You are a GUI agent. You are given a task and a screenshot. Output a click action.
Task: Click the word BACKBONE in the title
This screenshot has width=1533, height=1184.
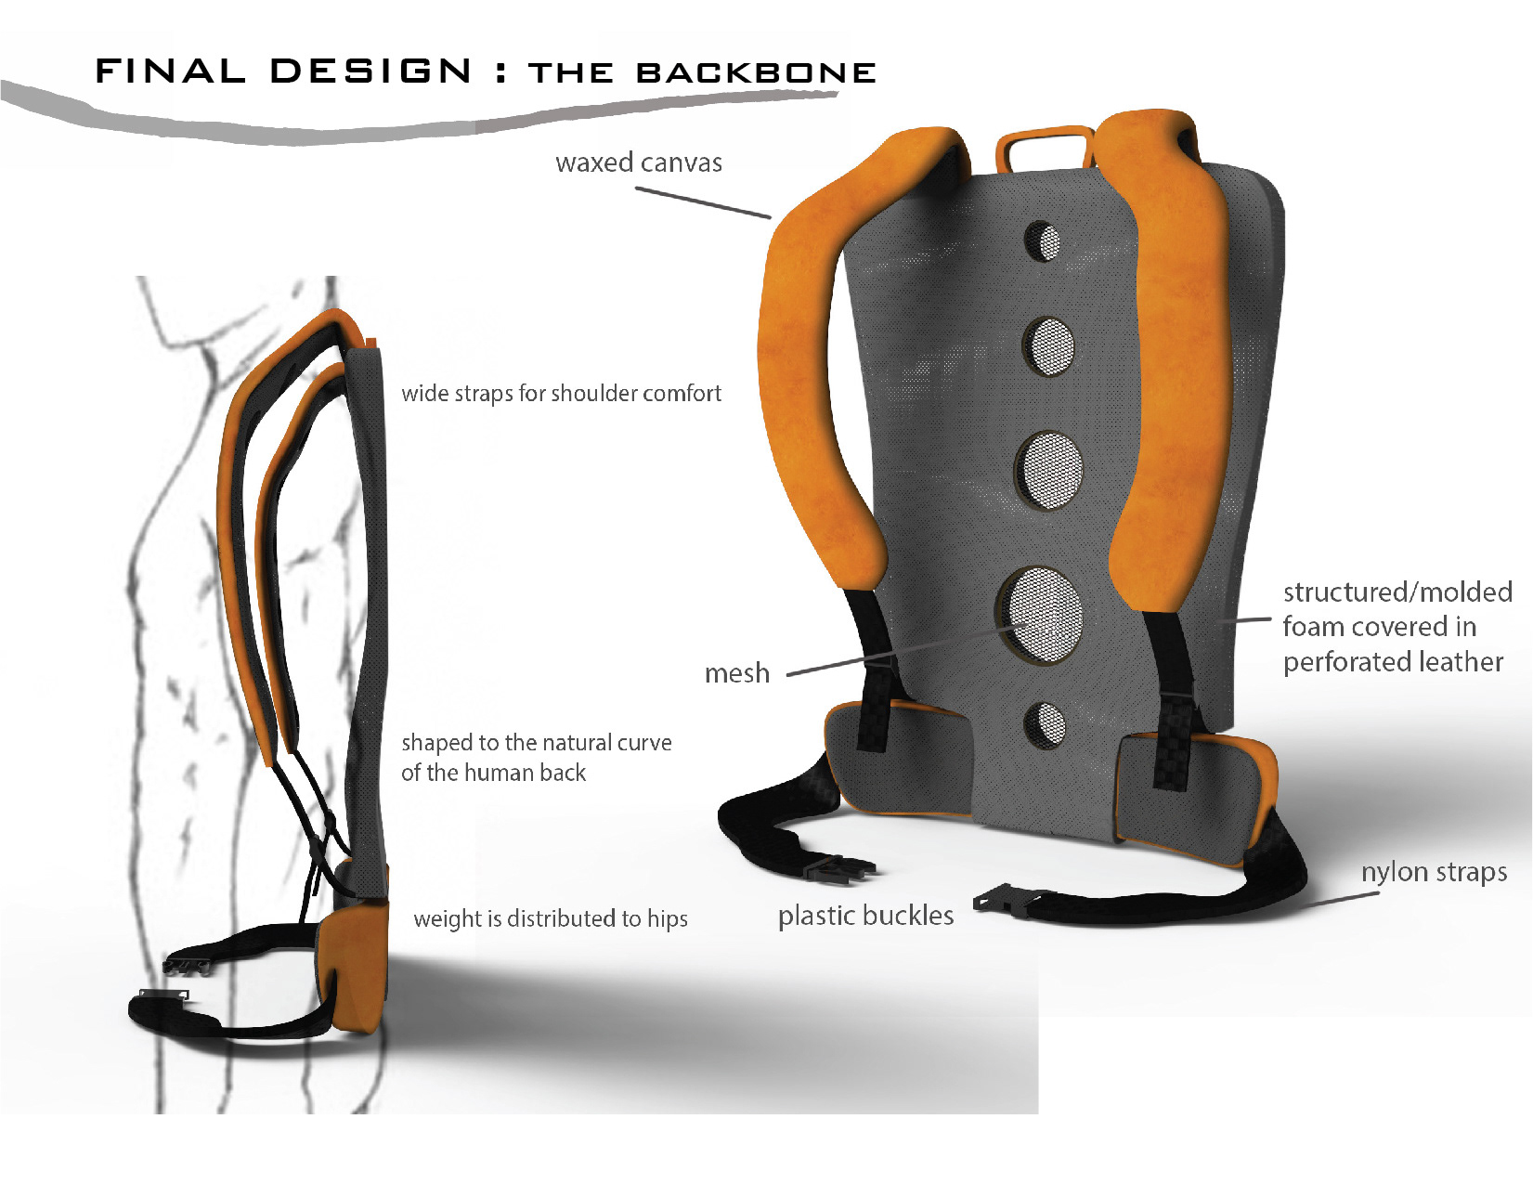pyautogui.click(x=756, y=73)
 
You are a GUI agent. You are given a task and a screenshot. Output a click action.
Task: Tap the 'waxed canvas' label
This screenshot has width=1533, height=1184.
pyautogui.click(x=639, y=163)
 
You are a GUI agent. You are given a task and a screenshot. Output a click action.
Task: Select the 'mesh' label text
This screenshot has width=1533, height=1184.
pyautogui.click(x=737, y=672)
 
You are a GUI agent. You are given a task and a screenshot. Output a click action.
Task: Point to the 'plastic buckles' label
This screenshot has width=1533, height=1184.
pyautogui.click(x=865, y=916)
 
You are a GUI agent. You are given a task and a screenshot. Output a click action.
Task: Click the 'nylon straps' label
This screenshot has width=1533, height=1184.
pyautogui.click(x=1434, y=872)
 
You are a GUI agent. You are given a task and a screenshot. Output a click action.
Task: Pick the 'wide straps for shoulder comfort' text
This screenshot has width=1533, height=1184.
pyautogui.click(x=561, y=394)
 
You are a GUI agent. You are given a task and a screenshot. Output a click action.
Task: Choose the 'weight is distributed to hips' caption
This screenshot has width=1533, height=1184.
pyautogui.click(x=551, y=918)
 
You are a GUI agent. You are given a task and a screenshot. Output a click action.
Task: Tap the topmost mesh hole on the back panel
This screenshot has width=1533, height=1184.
pyautogui.click(x=1043, y=241)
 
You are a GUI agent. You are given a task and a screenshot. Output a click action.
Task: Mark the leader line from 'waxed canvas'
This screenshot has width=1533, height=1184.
pyautogui.click(x=703, y=203)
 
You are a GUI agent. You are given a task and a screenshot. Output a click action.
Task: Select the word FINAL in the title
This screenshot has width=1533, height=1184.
pyautogui.click(x=171, y=72)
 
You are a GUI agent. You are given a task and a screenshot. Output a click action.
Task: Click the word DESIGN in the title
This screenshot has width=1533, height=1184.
pyautogui.click(x=371, y=72)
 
